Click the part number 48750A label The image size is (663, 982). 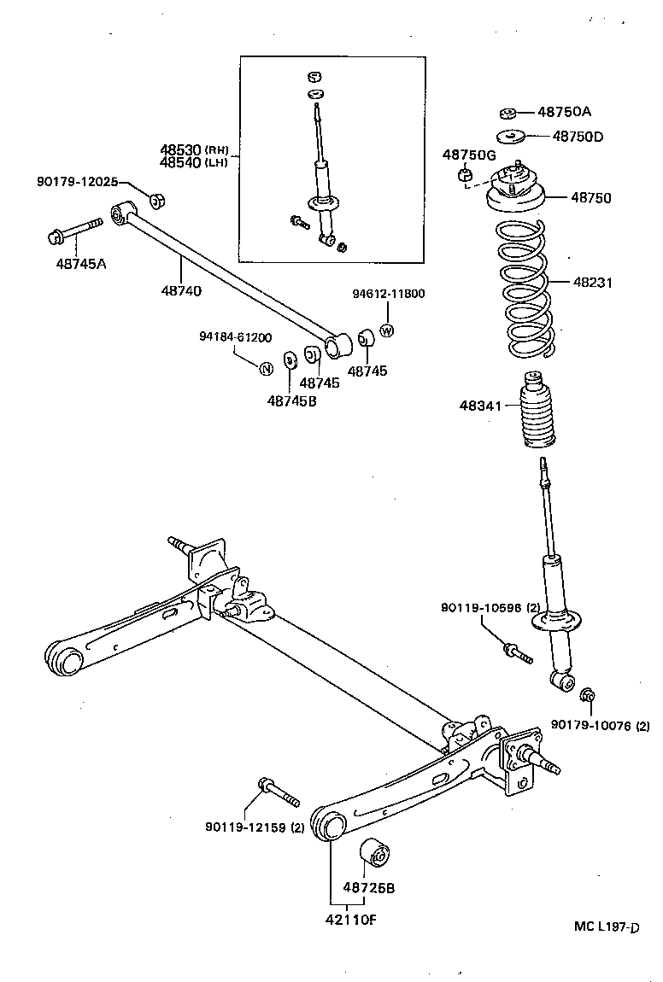click(x=564, y=112)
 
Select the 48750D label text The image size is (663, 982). click(x=578, y=136)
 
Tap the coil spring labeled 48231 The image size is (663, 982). click(x=524, y=289)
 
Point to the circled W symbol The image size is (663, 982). click(x=386, y=331)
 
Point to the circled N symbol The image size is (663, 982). click(x=266, y=368)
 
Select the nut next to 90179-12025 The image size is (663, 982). click(x=156, y=201)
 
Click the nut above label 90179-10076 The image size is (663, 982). click(x=587, y=696)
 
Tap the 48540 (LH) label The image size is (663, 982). click(x=193, y=162)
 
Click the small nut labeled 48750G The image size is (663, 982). click(x=466, y=176)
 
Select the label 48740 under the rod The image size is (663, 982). click(x=181, y=291)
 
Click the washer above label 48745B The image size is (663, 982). click(x=289, y=358)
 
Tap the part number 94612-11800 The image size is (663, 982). click(x=389, y=294)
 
